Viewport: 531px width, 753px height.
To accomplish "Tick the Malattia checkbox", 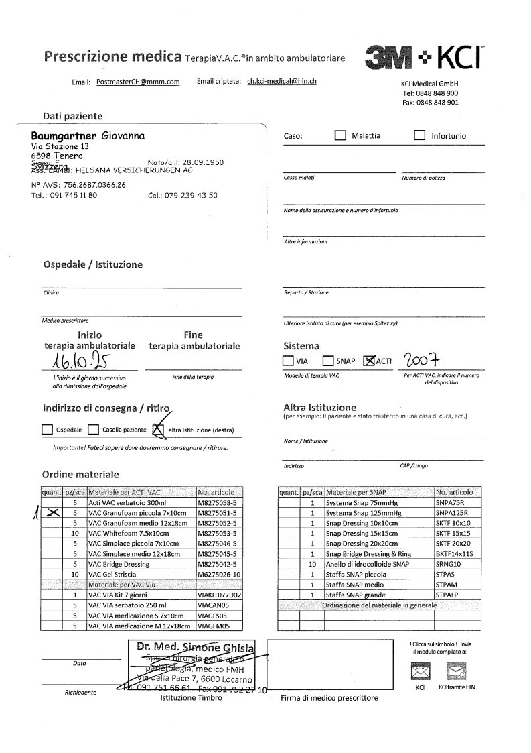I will (x=340, y=135).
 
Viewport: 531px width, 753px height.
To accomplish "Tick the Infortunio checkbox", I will (x=420, y=135).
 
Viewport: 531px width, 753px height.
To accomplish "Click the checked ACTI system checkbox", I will (x=368, y=361).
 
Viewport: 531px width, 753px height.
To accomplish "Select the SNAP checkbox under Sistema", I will (x=328, y=361).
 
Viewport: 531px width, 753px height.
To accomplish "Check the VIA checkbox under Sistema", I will (x=288, y=361).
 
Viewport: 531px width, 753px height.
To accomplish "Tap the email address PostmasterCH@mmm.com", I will (x=138, y=82).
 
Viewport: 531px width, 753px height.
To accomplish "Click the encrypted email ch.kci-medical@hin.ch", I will (x=281, y=81).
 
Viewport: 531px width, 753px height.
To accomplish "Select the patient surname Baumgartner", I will (x=64, y=135).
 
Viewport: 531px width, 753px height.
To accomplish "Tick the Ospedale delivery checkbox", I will (x=47, y=430).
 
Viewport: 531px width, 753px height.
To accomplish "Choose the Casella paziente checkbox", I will (x=94, y=430).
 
